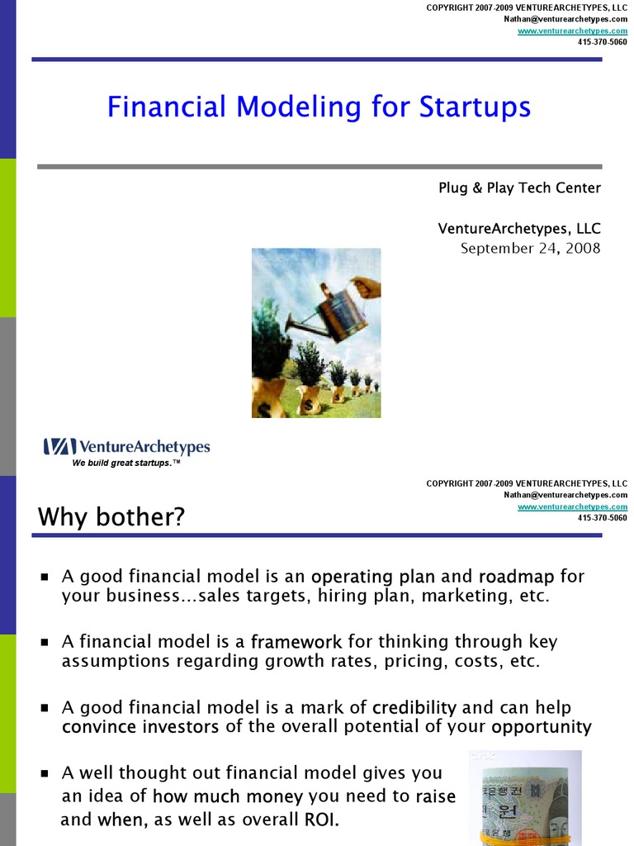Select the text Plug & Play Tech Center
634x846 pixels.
click(x=519, y=188)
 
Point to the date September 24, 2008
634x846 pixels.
click(x=530, y=249)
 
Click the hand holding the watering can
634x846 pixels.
click(x=367, y=287)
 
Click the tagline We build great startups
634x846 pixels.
click(x=125, y=463)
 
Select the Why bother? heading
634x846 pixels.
click(x=111, y=518)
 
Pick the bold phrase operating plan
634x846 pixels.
click(x=373, y=576)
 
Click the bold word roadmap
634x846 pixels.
click(x=516, y=576)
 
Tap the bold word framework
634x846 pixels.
click(x=296, y=642)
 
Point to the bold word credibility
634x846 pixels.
click(x=414, y=708)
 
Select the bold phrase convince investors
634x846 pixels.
click(x=140, y=728)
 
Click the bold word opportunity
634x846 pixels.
click(x=542, y=728)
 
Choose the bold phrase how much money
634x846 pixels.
click(x=228, y=797)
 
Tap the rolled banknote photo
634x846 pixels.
click(x=525, y=797)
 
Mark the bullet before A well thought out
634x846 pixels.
click(x=45, y=774)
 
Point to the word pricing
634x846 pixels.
click(x=410, y=662)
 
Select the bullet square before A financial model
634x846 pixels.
click(x=45, y=642)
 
